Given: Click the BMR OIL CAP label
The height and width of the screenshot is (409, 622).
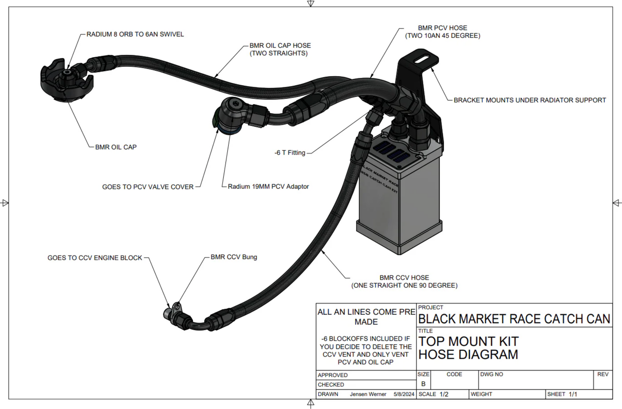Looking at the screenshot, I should pos(116,147).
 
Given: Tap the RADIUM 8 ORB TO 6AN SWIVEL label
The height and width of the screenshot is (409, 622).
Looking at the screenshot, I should pos(135,35).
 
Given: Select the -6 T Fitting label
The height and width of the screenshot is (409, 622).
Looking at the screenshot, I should pos(290,153).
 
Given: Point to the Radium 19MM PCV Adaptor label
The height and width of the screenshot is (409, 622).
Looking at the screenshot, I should pos(268,187).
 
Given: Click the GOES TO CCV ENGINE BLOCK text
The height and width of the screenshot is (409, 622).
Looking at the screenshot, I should pos(95,258).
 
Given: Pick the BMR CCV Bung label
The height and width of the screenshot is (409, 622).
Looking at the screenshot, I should pos(234,257).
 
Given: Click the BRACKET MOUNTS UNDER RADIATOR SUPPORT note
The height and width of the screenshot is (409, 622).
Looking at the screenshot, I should pos(529,100).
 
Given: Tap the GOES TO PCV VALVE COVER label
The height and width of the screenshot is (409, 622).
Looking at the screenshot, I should pos(148,187).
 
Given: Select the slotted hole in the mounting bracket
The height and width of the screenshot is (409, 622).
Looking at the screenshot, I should pos(423,60).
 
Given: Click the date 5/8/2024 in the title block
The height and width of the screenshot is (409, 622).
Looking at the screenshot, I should pos(404,394).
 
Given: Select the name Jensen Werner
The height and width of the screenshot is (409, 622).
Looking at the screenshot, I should pos(368,394).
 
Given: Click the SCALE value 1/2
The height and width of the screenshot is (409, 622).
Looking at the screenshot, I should pos(444,394).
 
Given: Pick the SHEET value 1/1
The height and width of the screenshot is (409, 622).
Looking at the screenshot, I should pos(573,394).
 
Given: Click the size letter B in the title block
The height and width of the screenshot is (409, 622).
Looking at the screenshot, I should pos(423,384).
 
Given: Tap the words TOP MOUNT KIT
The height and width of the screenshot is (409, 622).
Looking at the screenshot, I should pos(468,341).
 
